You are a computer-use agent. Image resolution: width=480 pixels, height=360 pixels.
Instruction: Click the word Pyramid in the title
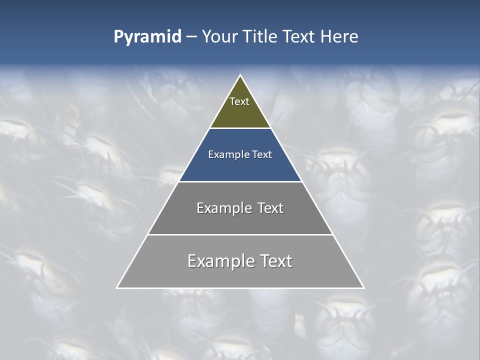[x=147, y=37]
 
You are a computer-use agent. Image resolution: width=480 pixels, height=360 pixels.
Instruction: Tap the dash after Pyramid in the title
[x=191, y=37]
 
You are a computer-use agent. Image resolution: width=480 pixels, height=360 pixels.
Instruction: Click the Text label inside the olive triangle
[x=239, y=101]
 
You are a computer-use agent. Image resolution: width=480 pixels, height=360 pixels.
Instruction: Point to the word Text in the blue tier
[x=262, y=154]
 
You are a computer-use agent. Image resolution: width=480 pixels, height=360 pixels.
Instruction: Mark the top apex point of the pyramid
[x=240, y=75]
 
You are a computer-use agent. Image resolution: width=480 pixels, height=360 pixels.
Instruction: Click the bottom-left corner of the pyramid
[x=117, y=287]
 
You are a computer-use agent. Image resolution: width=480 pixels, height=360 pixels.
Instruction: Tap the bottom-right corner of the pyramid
[x=363, y=287]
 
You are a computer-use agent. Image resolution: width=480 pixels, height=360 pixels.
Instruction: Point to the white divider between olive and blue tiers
[x=240, y=128]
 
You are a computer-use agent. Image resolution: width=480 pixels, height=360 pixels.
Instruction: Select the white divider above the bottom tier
[x=240, y=234]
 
